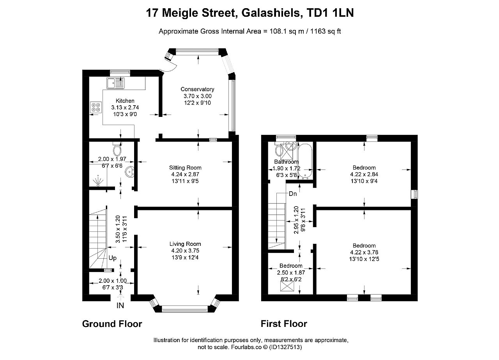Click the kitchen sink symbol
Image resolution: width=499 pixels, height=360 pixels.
(115, 83)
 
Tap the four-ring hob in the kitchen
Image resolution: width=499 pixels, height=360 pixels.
(96, 107)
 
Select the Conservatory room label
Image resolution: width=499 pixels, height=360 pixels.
(197, 89)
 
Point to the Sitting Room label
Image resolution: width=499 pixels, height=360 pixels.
(185, 168)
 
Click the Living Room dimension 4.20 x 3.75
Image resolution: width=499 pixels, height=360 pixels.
(185, 251)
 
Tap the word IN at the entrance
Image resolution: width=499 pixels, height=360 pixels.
(120, 306)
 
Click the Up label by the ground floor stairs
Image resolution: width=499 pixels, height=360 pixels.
(113, 258)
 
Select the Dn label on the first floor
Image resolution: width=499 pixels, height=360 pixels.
(293, 194)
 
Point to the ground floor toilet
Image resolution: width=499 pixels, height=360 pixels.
(117, 149)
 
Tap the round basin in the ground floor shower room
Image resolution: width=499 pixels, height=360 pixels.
(130, 172)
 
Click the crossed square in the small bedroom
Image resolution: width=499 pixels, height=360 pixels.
(287, 286)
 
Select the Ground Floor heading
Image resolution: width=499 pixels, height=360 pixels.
(112, 324)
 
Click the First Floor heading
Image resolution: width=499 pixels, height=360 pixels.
(284, 324)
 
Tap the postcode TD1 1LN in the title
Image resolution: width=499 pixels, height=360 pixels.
(330, 13)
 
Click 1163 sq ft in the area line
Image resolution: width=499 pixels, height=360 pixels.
(326, 32)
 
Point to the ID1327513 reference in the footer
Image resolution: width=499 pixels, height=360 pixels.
(285, 347)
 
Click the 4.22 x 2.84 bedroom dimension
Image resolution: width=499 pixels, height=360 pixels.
(364, 174)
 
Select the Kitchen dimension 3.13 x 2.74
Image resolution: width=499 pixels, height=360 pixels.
(125, 108)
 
